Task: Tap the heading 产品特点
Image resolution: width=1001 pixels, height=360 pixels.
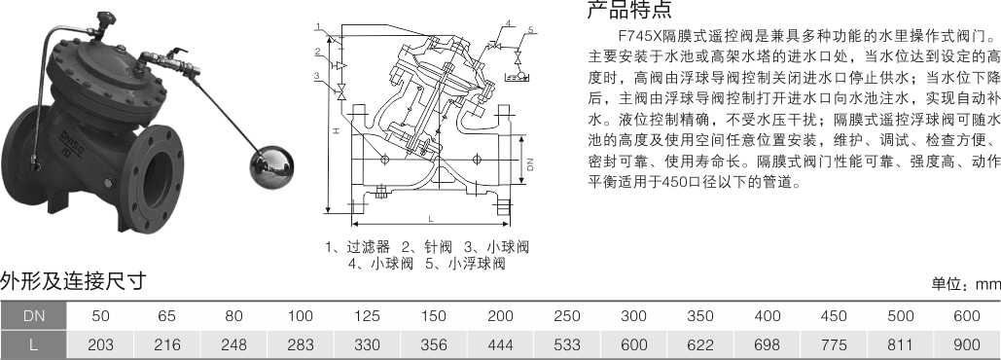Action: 629,10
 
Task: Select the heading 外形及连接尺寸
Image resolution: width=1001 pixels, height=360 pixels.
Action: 73,280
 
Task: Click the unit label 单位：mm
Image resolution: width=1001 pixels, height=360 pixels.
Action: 966,284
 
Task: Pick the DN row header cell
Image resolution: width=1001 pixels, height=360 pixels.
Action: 33,315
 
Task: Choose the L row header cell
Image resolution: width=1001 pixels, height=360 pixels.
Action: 33,344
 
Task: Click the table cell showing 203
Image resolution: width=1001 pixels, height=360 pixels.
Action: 100,344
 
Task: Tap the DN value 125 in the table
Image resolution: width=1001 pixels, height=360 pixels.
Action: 367,315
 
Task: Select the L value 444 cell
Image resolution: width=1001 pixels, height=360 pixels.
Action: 500,344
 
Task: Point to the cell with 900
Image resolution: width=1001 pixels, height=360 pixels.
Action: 967,344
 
